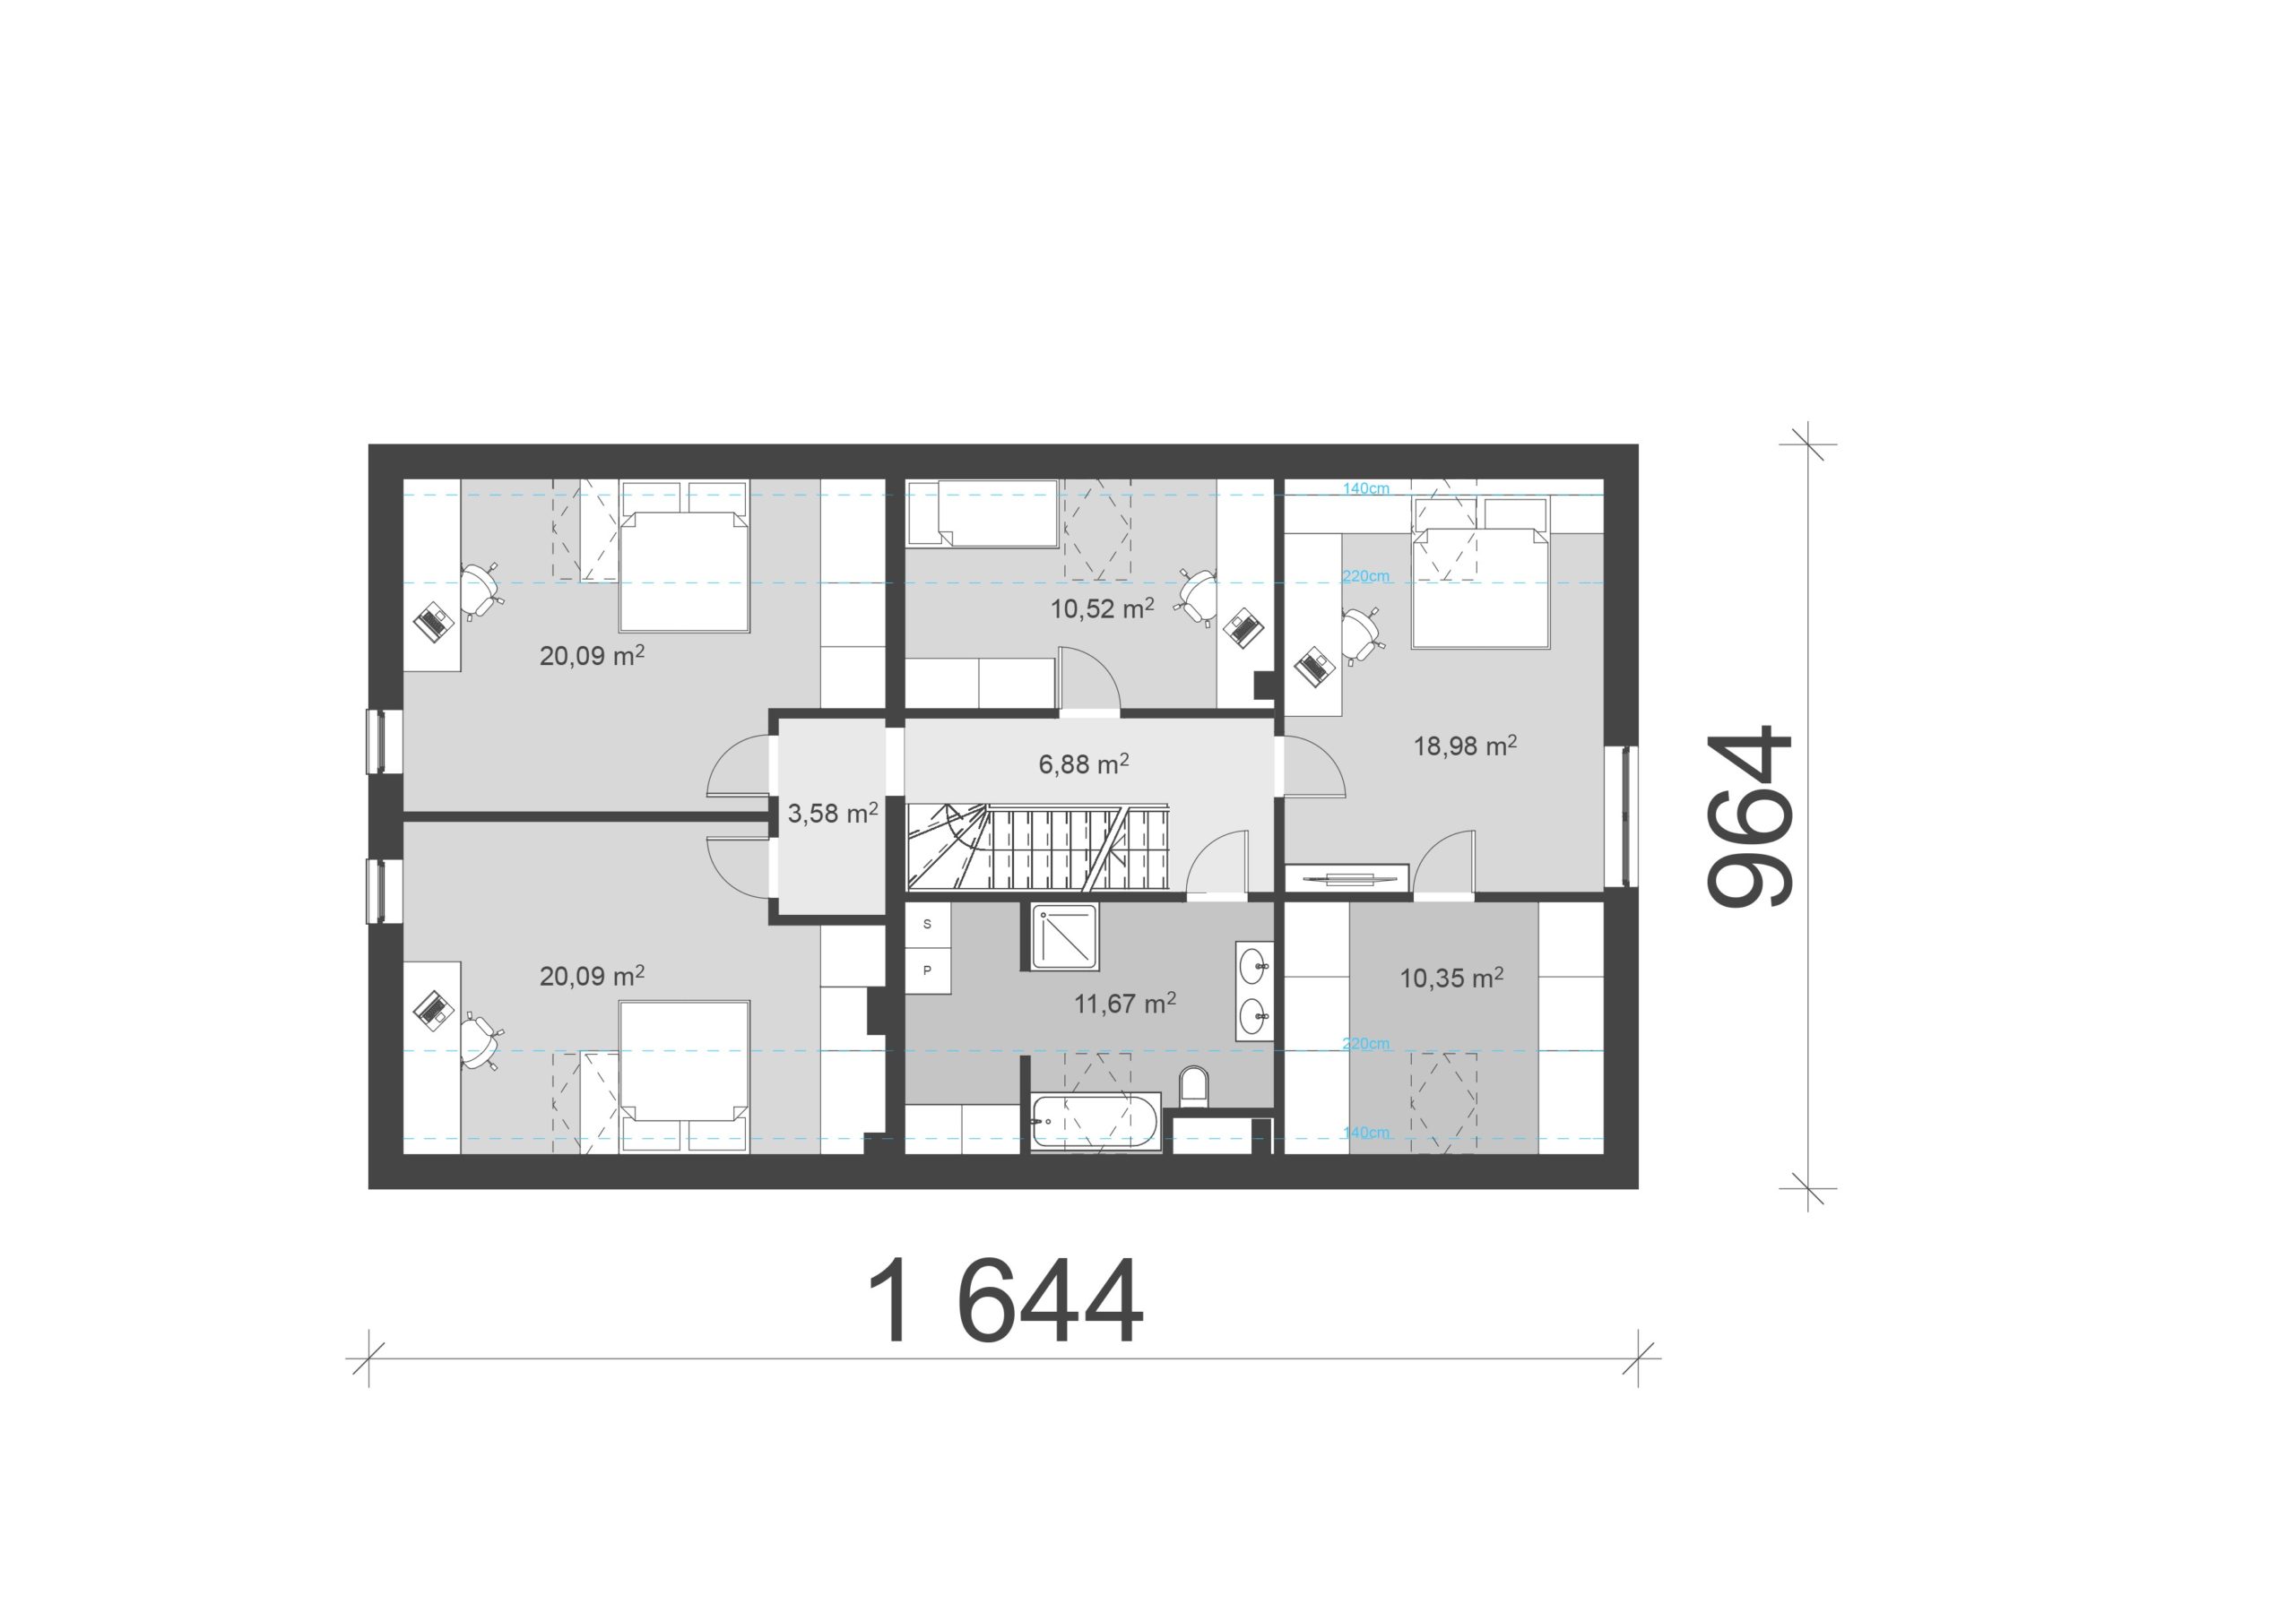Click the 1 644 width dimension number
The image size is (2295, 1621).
click(1006, 1300)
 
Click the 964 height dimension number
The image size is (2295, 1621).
click(1750, 816)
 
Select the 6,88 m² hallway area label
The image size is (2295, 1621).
click(1084, 763)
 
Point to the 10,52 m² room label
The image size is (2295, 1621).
click(1102, 608)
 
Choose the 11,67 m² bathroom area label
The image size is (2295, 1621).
click(1124, 1003)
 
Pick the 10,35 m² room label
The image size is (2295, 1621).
click(1451, 978)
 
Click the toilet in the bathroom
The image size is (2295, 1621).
click(1193, 1087)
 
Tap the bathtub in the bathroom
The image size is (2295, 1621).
click(1095, 1124)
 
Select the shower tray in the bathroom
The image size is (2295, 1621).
click(1064, 936)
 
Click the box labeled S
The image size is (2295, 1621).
click(928, 925)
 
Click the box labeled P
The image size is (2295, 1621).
click(928, 970)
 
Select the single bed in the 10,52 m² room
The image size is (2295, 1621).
click(982, 513)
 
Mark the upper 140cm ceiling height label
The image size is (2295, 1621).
click(1365, 488)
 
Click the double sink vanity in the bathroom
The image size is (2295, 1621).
click(1254, 991)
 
